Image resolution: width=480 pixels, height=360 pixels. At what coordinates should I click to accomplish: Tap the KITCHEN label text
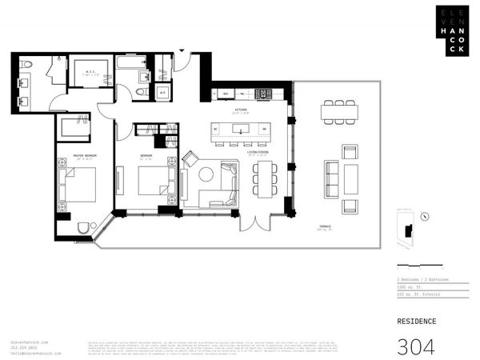[x=240, y=111]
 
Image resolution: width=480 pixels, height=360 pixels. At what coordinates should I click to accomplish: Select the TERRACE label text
[x=325, y=227]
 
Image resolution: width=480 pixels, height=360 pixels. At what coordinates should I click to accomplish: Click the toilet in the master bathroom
[x=27, y=64]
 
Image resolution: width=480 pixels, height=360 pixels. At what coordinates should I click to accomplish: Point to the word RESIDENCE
[x=417, y=322]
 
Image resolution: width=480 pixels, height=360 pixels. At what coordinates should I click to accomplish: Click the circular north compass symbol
[x=424, y=215]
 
